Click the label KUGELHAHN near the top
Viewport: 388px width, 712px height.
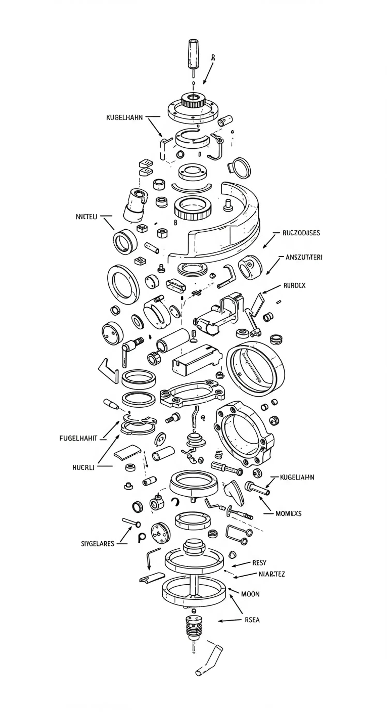124,118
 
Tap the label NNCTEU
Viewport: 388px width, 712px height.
86,217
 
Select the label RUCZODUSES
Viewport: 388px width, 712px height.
301,233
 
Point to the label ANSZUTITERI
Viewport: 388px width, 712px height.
304,257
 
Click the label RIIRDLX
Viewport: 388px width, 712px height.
294,286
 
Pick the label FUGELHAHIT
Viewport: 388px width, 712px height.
78,438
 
